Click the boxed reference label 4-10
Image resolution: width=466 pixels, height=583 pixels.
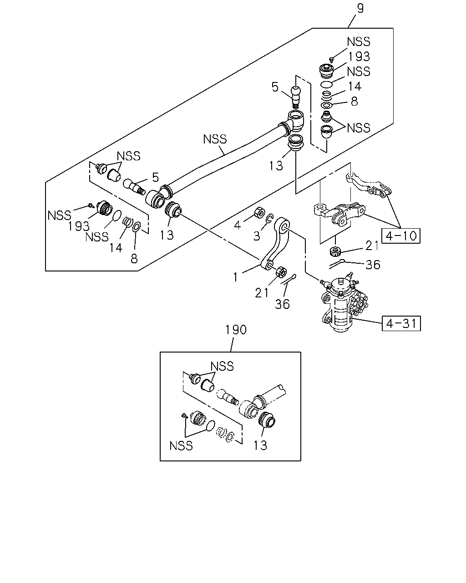coord(401,235)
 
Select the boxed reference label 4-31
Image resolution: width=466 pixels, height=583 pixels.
coord(401,323)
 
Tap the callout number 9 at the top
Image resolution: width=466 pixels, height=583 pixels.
coord(360,8)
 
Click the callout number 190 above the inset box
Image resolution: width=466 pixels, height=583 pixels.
coord(236,330)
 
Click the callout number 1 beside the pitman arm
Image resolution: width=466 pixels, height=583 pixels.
coord(236,277)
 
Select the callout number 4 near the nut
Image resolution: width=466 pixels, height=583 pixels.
coord(238,225)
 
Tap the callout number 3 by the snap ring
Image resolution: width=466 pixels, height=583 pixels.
coord(256,236)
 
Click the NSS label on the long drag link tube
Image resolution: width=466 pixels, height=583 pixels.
coord(215,139)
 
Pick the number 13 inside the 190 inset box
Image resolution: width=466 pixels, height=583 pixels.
coord(260,445)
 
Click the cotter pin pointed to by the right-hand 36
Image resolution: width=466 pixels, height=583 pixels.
coord(337,264)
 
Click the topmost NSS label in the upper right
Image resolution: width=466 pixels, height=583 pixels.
coord(359,41)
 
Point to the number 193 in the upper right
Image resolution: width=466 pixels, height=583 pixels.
coord(359,56)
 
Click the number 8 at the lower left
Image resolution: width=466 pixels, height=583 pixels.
coord(134,258)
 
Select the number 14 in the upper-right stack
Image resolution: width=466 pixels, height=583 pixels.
coord(355,86)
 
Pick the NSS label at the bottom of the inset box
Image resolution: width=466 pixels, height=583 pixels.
coord(181,445)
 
